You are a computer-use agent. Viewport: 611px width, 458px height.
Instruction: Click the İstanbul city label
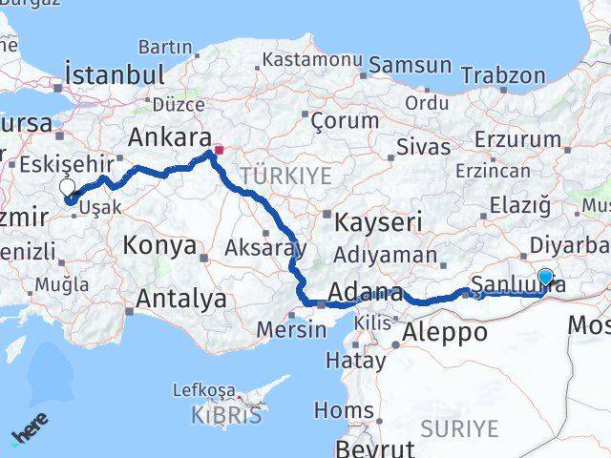pos(111,74)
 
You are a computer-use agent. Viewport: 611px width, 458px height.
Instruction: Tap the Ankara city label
pos(162,136)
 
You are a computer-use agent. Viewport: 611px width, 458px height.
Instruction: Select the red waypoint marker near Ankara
pos(219,150)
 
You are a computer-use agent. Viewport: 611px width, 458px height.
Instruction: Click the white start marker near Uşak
pos(68,189)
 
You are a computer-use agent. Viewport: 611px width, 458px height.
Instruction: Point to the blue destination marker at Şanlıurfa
pos(545,278)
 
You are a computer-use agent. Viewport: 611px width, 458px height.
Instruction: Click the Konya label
pos(158,246)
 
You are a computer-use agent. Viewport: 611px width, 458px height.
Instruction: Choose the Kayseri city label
pos(379,222)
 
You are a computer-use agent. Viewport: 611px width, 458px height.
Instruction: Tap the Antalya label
pos(181,299)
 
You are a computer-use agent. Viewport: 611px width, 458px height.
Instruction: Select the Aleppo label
pos(445,332)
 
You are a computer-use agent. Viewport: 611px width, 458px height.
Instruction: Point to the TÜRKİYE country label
pos(285,175)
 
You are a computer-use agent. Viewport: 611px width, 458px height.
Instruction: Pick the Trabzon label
pos(503,75)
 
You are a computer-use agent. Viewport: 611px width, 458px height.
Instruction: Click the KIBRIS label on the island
pos(226,415)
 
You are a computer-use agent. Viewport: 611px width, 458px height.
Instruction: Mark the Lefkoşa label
pos(203,390)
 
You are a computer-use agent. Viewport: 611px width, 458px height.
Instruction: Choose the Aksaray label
pos(265,249)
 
